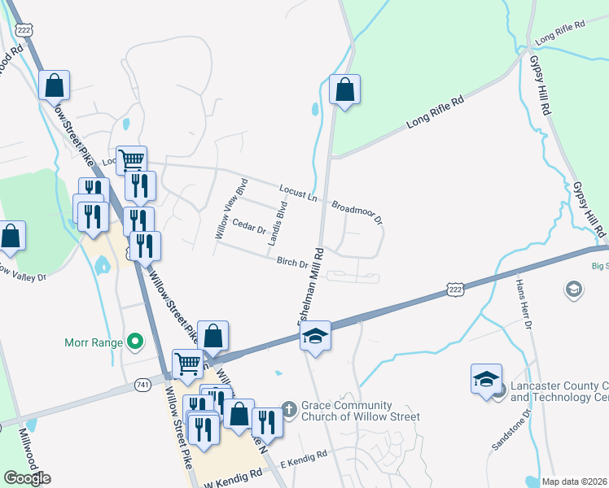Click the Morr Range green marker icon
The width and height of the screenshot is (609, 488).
136,342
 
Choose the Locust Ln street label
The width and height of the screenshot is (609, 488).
297,194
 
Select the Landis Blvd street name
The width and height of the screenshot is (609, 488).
279,220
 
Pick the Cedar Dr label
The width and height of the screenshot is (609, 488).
250,225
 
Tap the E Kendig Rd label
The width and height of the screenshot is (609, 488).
303,455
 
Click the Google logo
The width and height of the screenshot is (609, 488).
28,478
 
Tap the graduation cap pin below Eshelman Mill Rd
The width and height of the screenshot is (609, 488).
315,336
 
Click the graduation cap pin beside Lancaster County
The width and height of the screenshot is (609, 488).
486,380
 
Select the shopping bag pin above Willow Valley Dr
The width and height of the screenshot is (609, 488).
11,237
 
